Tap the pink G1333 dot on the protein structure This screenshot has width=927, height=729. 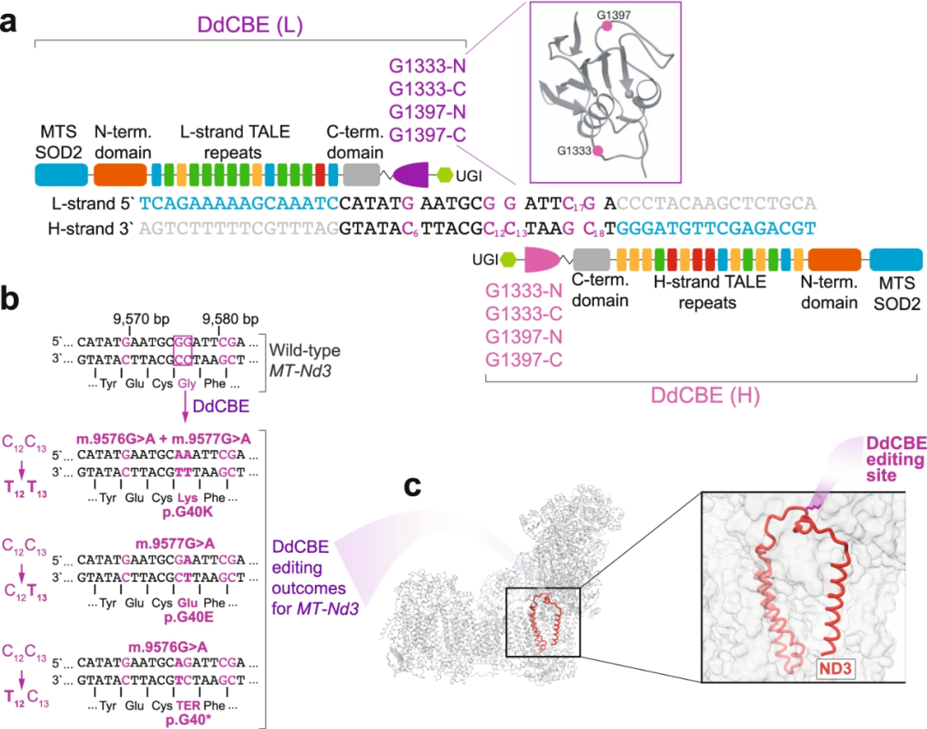(597, 151)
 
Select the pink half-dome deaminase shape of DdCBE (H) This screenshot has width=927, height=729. (540, 258)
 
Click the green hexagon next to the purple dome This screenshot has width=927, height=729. (445, 174)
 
